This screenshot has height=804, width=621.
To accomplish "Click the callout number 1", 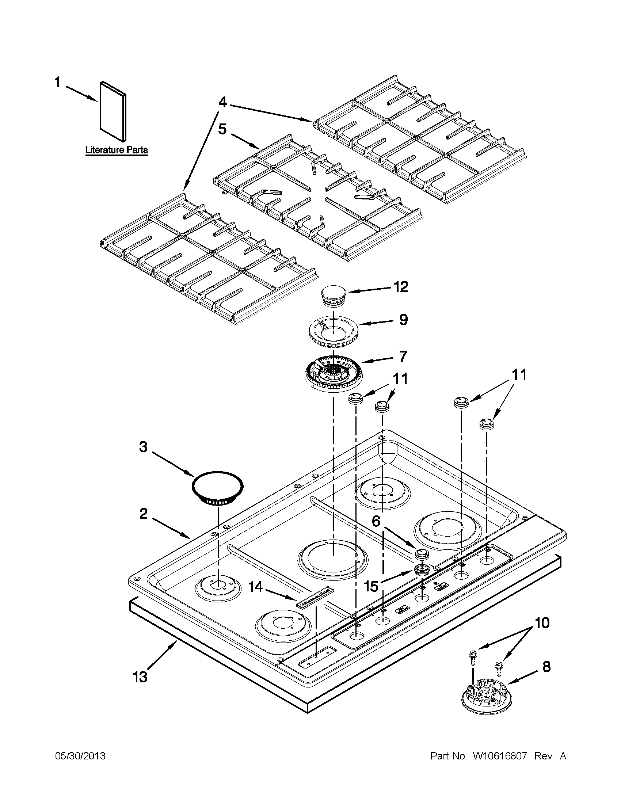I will pyautogui.click(x=57, y=83).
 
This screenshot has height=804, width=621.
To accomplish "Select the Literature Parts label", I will pyautogui.click(x=116, y=150).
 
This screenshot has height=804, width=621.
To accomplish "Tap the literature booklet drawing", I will pyautogui.click(x=113, y=111).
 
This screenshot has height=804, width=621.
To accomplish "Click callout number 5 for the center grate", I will pyautogui.click(x=222, y=130).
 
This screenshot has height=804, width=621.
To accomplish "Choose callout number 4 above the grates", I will pyautogui.click(x=222, y=102).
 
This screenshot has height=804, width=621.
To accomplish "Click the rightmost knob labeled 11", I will pyautogui.click(x=486, y=424).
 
